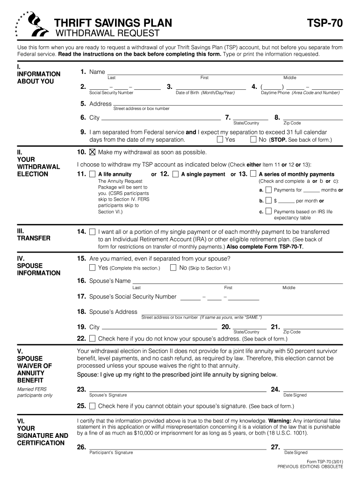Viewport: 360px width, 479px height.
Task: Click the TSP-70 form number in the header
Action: tap(324, 23)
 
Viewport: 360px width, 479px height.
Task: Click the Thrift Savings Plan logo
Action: tap(32, 25)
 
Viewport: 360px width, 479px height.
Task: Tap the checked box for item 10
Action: tap(92, 152)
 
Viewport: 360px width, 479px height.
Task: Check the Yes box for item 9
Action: tap(220, 139)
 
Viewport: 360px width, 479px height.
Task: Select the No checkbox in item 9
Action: tap(253, 139)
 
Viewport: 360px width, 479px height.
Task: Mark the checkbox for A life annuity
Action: tap(92, 174)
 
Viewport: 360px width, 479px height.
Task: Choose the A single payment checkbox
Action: tap(175, 174)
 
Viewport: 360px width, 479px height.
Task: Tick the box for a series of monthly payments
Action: tap(253, 174)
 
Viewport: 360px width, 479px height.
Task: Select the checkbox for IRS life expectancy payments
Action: tap(268, 212)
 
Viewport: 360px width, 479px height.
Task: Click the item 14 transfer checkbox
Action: tap(92, 232)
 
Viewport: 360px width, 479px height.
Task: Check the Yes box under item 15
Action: tap(92, 268)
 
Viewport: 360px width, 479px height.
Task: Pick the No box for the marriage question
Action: tap(173, 268)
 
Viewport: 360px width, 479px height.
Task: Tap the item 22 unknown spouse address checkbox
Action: tap(92, 338)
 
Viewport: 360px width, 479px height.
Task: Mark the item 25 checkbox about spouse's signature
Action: tap(92, 406)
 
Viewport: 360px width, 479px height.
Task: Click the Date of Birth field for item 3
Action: tap(211, 86)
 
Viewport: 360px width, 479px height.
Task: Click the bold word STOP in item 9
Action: tap(279, 140)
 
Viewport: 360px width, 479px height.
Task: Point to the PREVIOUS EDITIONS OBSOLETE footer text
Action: tap(310, 466)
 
